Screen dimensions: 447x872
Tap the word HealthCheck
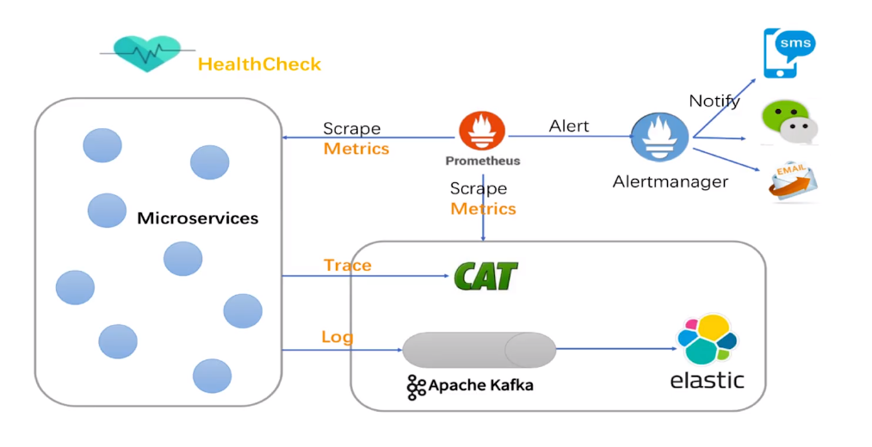click(x=259, y=64)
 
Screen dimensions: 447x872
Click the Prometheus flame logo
click(x=482, y=132)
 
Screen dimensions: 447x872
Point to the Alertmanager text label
click(x=670, y=181)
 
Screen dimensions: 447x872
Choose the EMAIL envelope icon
click(x=792, y=180)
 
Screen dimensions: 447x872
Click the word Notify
click(x=714, y=101)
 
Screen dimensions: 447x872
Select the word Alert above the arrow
click(x=569, y=126)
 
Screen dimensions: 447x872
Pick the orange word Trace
click(x=348, y=265)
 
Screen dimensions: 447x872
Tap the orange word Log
click(x=337, y=337)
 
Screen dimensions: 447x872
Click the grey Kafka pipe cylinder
click(x=479, y=350)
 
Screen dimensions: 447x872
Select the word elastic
click(x=707, y=381)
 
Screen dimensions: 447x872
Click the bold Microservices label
click(x=197, y=218)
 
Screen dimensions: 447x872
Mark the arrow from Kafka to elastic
click(x=615, y=349)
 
